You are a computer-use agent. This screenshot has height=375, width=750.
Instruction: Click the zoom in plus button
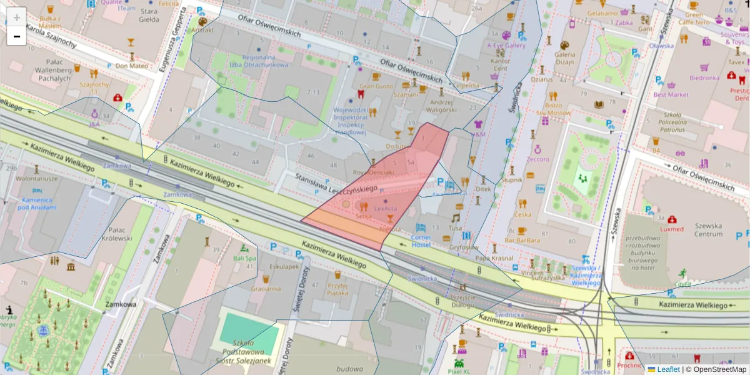click(16, 17)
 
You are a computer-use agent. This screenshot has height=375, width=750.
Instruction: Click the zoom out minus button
click(16, 36)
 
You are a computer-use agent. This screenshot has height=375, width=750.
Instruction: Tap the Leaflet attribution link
click(668, 369)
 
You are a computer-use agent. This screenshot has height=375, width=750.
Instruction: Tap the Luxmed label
click(671, 229)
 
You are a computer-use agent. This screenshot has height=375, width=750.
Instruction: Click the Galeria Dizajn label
click(564, 58)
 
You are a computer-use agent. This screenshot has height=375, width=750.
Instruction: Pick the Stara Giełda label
click(149, 15)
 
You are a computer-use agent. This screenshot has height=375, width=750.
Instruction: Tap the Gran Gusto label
click(376, 86)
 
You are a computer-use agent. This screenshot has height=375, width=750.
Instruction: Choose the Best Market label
click(671, 95)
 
